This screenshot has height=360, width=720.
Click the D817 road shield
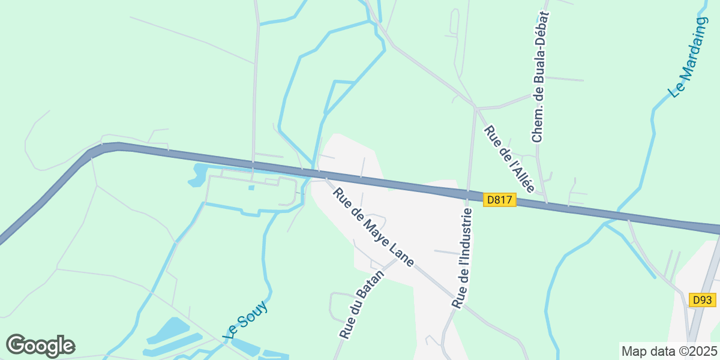coord(499,200)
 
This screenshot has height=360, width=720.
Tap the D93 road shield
coord(701,300)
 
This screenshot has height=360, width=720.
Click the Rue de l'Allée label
coord(509,159)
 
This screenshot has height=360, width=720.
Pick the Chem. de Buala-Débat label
coord(540,77)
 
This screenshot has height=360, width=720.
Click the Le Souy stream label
coord(245,320)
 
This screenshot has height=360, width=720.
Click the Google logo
coord(40,346)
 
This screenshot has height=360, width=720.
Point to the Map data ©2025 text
coord(668,351)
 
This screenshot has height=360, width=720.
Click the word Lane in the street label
coord(401,256)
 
